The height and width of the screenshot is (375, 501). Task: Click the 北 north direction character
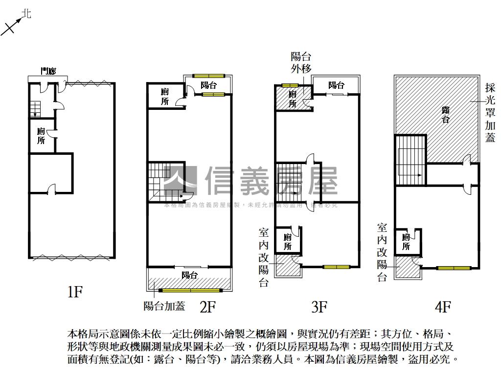(27, 14)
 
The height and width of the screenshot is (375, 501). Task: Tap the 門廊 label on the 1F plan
(48, 71)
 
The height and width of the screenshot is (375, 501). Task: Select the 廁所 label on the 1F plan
(41, 136)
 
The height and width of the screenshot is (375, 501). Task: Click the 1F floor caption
(75, 292)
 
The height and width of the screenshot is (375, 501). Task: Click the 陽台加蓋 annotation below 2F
(164, 306)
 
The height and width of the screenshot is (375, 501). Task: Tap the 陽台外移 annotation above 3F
(301, 62)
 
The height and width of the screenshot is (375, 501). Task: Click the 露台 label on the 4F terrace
(445, 114)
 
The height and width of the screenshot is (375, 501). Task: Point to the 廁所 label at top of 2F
(165, 96)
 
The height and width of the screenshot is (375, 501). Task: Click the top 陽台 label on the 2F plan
(208, 85)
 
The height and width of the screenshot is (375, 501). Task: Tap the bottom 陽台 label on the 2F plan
(189, 275)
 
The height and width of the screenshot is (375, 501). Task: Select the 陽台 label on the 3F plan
(336, 85)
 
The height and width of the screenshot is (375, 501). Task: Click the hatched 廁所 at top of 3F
(293, 99)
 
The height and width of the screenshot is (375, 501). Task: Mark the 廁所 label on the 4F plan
(406, 242)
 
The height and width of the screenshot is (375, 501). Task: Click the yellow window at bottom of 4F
(454, 268)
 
